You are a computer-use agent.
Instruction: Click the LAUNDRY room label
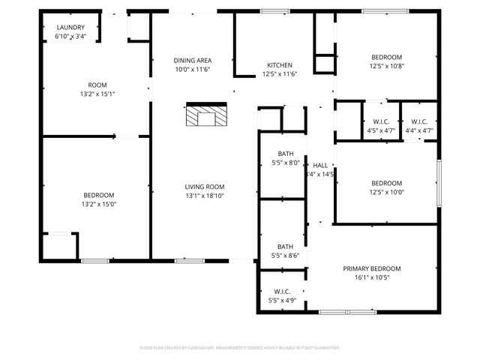point(71,27)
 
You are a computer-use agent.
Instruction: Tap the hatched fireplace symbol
point(205,116)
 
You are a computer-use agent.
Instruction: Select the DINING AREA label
point(192,60)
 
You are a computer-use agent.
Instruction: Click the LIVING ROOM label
point(205,187)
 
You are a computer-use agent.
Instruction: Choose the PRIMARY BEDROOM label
point(372,268)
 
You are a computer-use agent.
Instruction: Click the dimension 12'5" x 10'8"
point(387,66)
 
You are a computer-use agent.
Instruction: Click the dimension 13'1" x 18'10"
point(205,196)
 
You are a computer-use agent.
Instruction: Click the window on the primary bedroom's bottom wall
point(347,311)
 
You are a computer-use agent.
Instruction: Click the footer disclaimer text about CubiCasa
point(240,348)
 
